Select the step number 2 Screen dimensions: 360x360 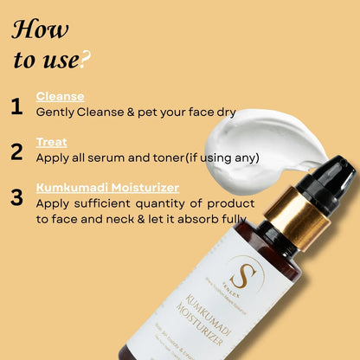[x=16, y=152]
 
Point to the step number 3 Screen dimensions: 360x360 [x=16, y=197]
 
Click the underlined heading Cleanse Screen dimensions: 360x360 [x=60, y=97]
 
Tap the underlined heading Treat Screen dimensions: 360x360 [x=51, y=143]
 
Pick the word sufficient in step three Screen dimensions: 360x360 [x=112, y=204]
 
